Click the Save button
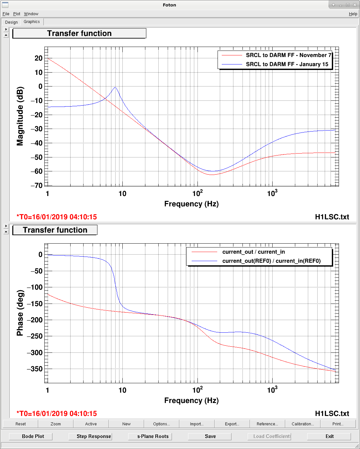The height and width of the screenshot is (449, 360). tap(210, 436)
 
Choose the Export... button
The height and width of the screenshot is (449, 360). tap(232, 424)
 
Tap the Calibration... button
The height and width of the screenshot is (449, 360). tap(303, 424)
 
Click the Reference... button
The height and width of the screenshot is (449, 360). tap(267, 424)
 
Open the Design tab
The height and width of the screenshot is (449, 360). tap(11, 22)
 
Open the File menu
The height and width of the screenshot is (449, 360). tap(6, 14)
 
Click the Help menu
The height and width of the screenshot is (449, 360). tap(353, 14)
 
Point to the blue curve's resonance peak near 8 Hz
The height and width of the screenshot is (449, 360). tap(115, 88)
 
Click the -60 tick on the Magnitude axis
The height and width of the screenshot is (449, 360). tap(37, 171)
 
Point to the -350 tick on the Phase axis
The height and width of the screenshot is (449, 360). tap(35, 369)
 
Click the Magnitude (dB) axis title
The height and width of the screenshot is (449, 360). tap(20, 116)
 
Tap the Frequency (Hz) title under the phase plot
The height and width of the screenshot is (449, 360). tap(191, 400)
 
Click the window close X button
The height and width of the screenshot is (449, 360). tap(354, 5)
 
